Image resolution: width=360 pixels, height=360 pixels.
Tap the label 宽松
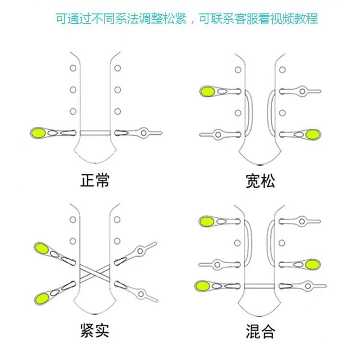pyautogui.click(x=260, y=181)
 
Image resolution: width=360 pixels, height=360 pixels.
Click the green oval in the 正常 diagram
pyautogui.click(x=38, y=132)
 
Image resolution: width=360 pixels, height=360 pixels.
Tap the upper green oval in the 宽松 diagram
pyautogui.click(x=208, y=91)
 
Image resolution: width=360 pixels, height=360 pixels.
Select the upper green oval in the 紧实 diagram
pyautogui.click(x=41, y=249)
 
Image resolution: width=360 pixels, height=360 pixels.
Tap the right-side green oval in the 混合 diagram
pyautogui.click(x=312, y=264)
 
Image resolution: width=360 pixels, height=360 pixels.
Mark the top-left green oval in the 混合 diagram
pyautogui.click(x=207, y=221)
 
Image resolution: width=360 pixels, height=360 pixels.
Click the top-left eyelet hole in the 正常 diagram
pyautogui.click(x=73, y=68)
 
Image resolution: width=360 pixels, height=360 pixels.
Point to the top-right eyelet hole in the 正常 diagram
pyautogui.click(x=118, y=68)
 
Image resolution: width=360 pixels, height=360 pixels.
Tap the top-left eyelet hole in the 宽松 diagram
pyautogui.click(x=238, y=70)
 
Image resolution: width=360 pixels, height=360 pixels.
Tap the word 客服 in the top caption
pyautogui.click(x=244, y=19)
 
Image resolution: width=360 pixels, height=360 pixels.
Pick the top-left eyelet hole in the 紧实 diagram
pyautogui.click(x=73, y=219)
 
